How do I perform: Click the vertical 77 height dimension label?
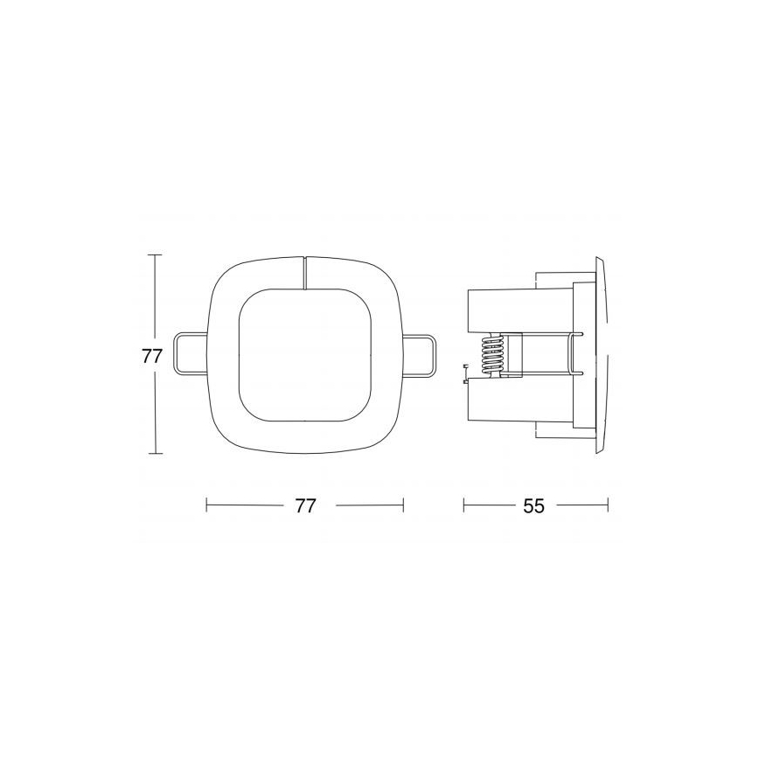tap(153, 356)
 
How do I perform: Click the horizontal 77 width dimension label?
tap(304, 505)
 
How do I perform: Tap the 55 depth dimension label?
tap(534, 505)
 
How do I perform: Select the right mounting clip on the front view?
tap(420, 354)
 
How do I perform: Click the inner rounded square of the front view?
tap(304, 356)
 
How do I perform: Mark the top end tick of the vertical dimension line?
tap(155, 254)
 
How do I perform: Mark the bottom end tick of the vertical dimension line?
tap(155, 454)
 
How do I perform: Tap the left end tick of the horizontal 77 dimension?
tap(205, 505)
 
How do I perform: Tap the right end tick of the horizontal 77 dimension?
tap(403, 505)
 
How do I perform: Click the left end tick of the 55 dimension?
tap(463, 505)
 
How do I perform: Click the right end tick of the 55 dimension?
tap(608, 505)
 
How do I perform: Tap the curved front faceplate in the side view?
tap(601, 354)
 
